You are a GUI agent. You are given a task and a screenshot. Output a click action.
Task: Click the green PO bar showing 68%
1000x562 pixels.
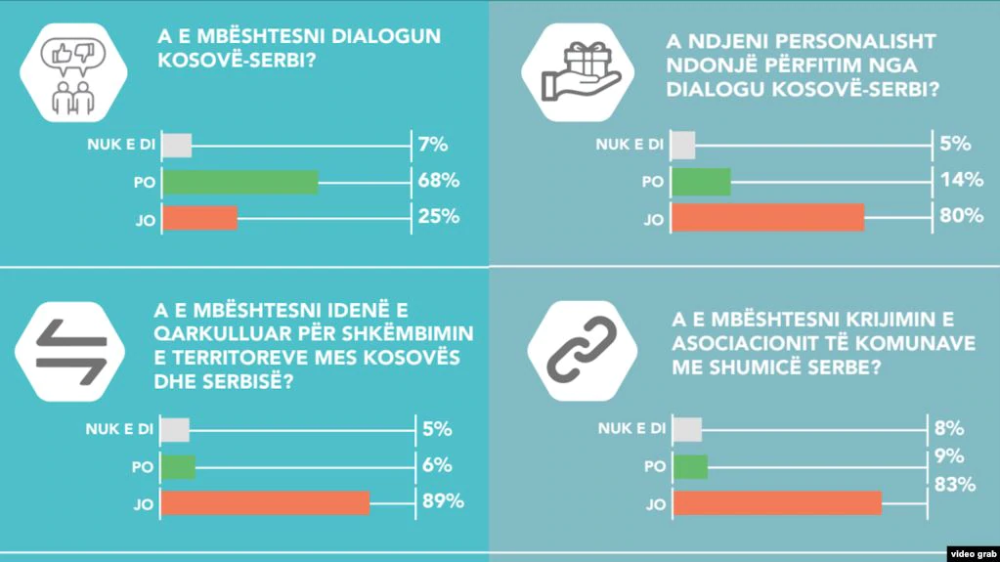pos(239,182)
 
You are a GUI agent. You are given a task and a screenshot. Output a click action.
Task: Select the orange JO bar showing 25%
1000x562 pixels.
pos(199,218)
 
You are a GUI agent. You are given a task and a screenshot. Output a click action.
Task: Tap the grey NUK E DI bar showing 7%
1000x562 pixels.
pos(176,146)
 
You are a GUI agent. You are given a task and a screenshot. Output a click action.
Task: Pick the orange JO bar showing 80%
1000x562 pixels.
pos(768,217)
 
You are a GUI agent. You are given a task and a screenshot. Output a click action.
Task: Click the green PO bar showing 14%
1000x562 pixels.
pos(702,181)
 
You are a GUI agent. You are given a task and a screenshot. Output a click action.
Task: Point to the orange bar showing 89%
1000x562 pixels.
pos(265,502)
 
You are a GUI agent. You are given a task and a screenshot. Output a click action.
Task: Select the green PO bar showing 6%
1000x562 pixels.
pos(178,467)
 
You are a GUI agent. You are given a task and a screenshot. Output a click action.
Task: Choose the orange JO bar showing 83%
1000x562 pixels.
pos(777,502)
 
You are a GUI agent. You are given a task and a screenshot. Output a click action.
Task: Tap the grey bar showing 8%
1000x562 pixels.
pos(687,430)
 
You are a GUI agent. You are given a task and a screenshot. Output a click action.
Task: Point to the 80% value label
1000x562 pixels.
pos(961,216)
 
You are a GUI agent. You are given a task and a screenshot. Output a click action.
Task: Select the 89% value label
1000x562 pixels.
pos(441,502)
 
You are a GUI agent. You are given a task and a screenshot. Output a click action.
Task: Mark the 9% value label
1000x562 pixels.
pos(949,455)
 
